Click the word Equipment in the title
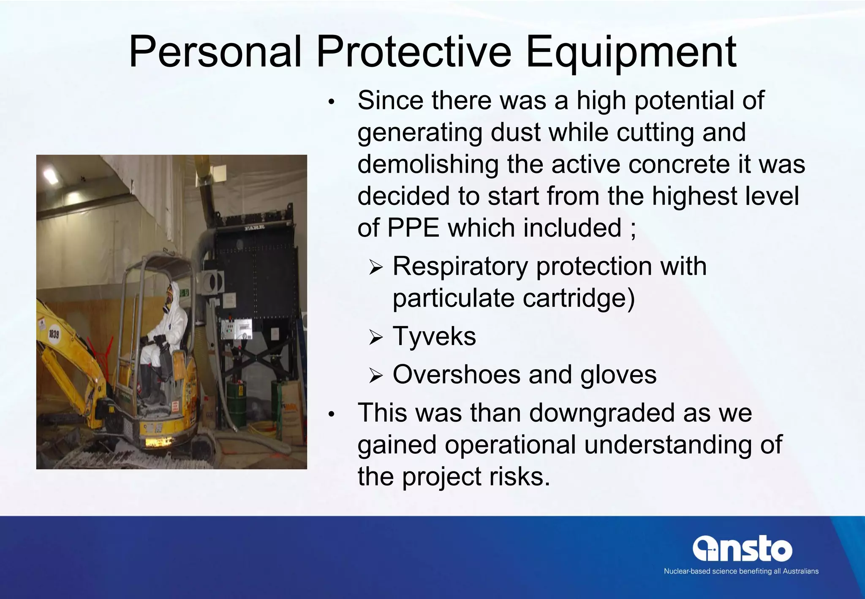point(631,52)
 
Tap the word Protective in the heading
point(413,52)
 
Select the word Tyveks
point(434,336)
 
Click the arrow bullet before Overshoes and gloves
point(375,375)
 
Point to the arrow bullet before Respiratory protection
point(375,267)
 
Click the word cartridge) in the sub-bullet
point(579,299)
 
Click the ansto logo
point(742,549)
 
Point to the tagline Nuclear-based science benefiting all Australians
point(741,571)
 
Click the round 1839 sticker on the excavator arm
point(54,334)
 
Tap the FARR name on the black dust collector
point(255,228)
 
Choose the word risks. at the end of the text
point(520,477)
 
